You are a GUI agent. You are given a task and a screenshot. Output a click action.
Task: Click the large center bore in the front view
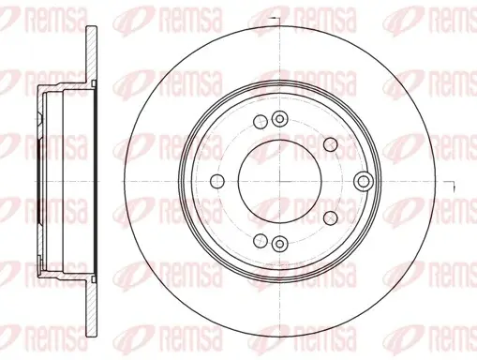tap(279, 181)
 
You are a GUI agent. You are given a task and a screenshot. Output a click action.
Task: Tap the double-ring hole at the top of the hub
tap(280, 119)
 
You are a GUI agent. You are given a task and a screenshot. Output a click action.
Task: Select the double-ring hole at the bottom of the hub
tap(279, 243)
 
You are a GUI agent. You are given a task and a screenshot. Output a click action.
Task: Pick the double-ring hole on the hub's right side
tap(364, 181)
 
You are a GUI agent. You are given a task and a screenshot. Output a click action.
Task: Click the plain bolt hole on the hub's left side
tap(217, 181)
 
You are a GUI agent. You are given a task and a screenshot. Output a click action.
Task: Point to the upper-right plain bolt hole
tap(331, 144)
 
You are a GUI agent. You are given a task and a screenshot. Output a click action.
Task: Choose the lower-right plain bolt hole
tap(331, 217)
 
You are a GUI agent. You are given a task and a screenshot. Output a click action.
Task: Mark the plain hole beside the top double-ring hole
tap(261, 122)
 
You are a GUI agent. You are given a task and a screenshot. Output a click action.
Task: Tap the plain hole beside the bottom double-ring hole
tap(261, 240)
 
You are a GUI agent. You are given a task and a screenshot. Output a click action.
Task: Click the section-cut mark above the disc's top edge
tap(276, 19)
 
